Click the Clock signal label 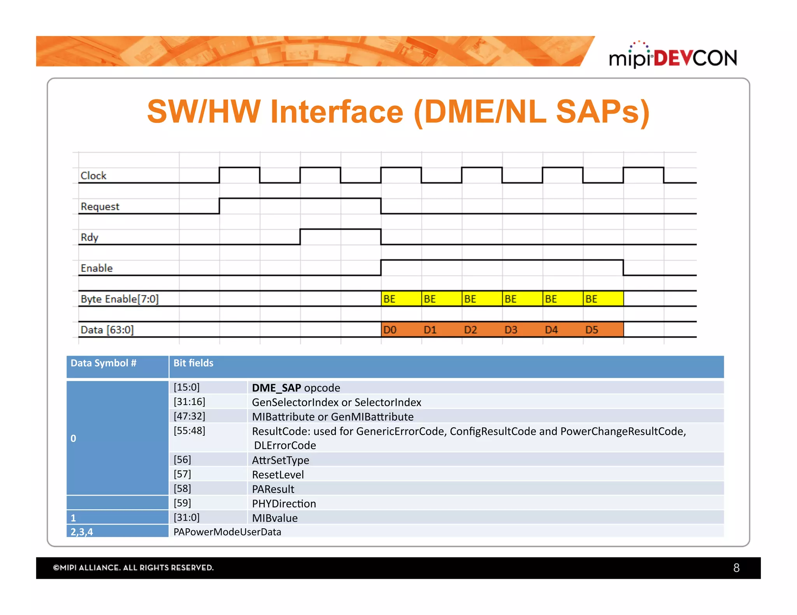tap(93, 176)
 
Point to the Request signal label tap(100, 206)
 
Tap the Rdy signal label tap(90, 237)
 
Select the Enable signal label tap(97, 268)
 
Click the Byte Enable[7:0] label tap(119, 299)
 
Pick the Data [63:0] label tap(107, 330)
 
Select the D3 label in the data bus tap(511, 330)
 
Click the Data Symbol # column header tap(104, 363)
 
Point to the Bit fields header tap(193, 363)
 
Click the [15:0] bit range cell tap(187, 388)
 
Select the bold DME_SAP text tap(276, 388)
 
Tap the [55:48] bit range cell tap(190, 431)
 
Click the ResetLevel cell tap(278, 475)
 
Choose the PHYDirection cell tap(284, 504)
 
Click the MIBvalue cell tap(275, 518)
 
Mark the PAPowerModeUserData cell tap(227, 532)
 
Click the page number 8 tap(736, 568)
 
